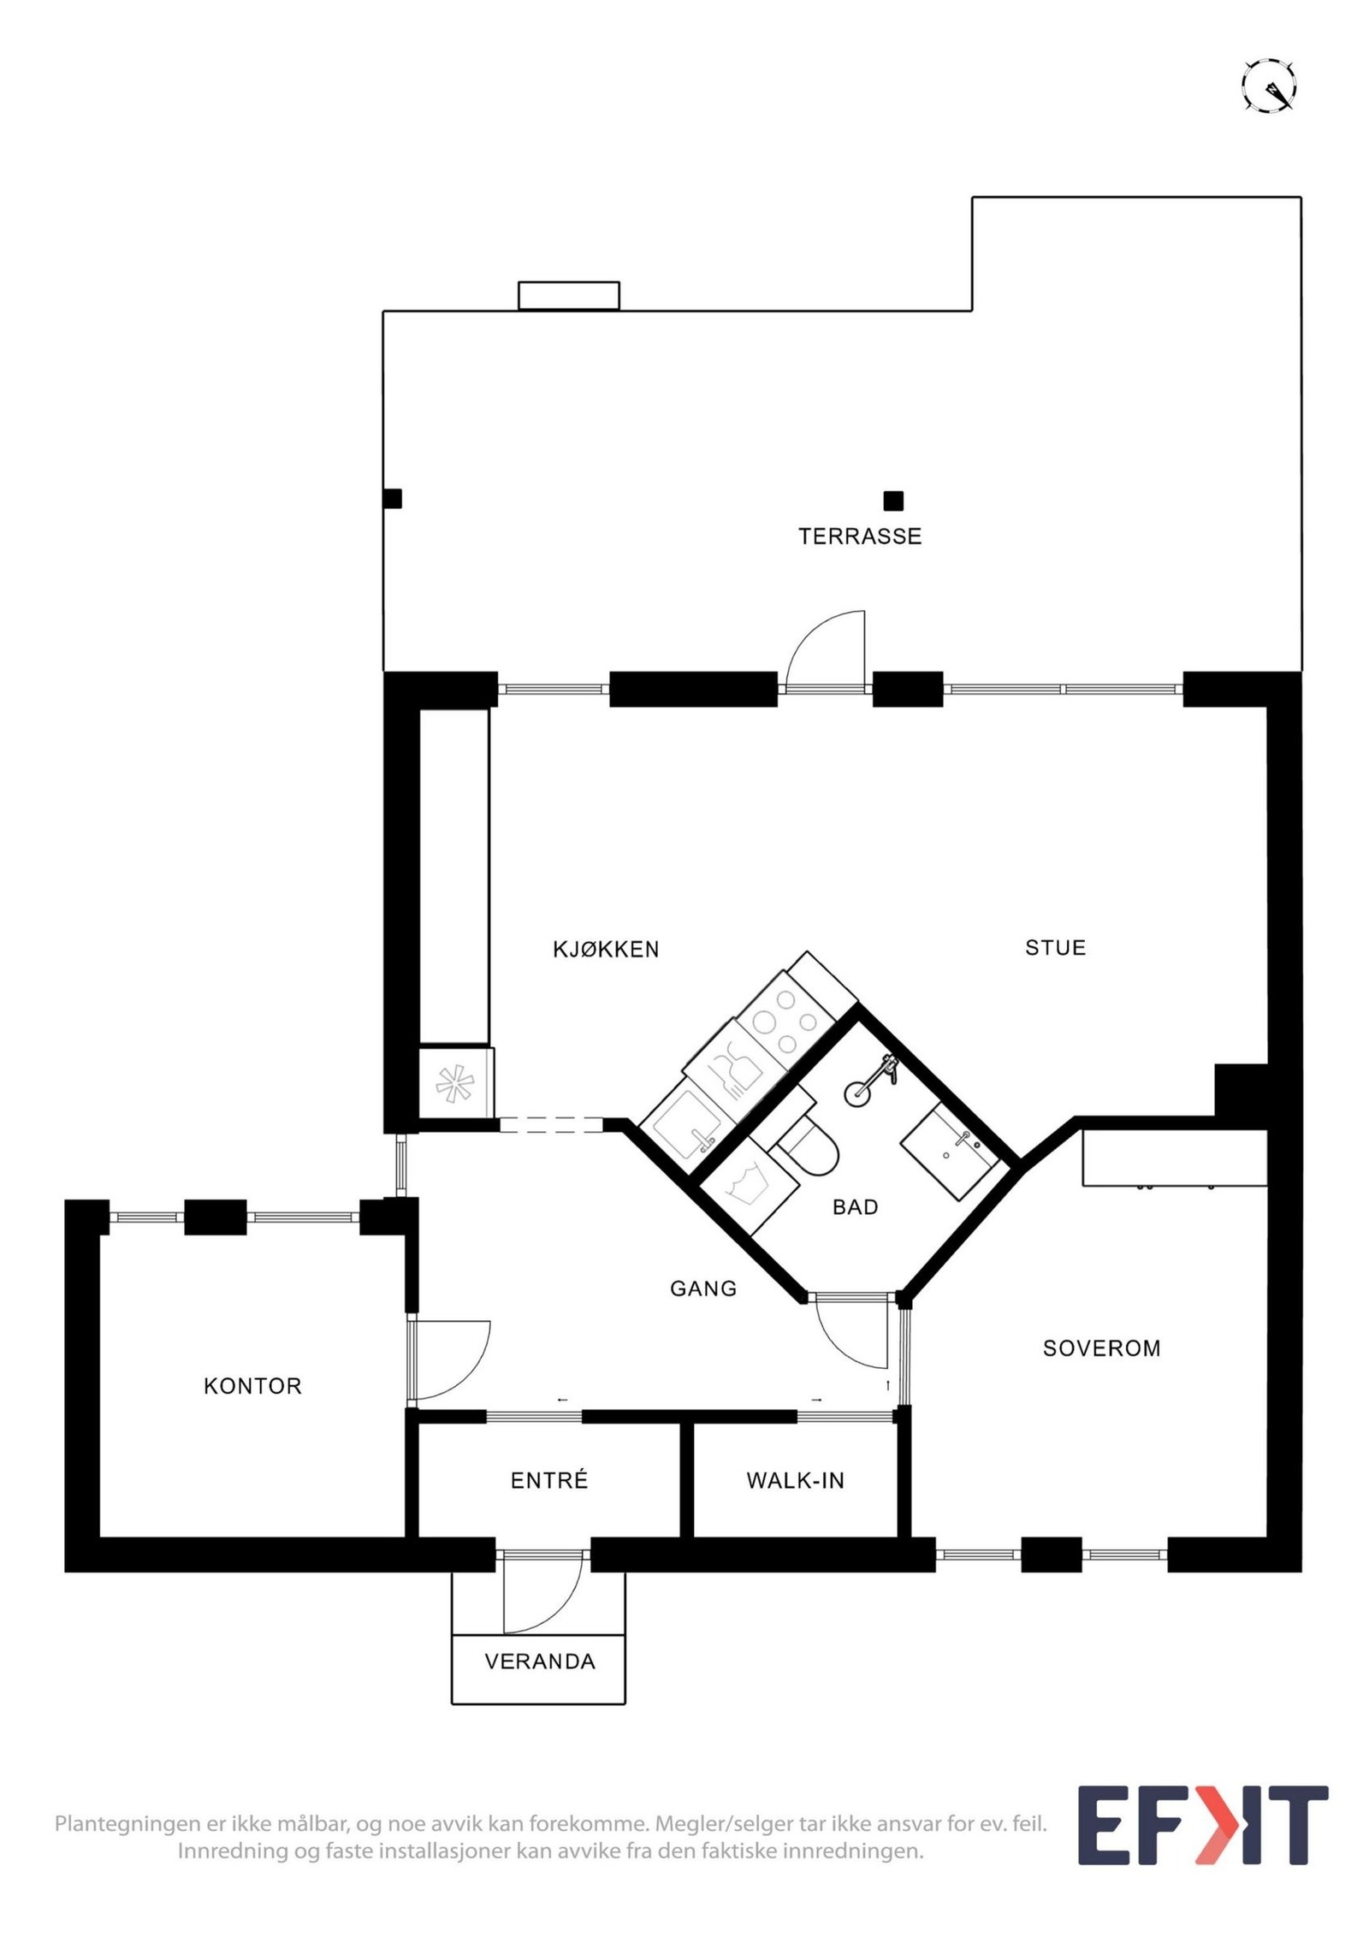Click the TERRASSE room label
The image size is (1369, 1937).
[x=859, y=536]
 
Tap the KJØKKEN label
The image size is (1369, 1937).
[x=606, y=949]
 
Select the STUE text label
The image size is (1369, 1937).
[x=1055, y=947]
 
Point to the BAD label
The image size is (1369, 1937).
[x=855, y=1207]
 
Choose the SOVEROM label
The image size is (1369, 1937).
[x=1101, y=1348]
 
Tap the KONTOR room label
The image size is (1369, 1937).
[x=252, y=1386]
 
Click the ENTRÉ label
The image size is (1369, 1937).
[x=549, y=1480]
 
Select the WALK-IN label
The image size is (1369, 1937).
[x=795, y=1480]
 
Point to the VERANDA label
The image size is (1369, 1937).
[x=540, y=1662]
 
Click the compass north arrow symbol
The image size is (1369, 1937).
[x=1269, y=86]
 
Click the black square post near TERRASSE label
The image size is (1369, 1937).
[x=893, y=501]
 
